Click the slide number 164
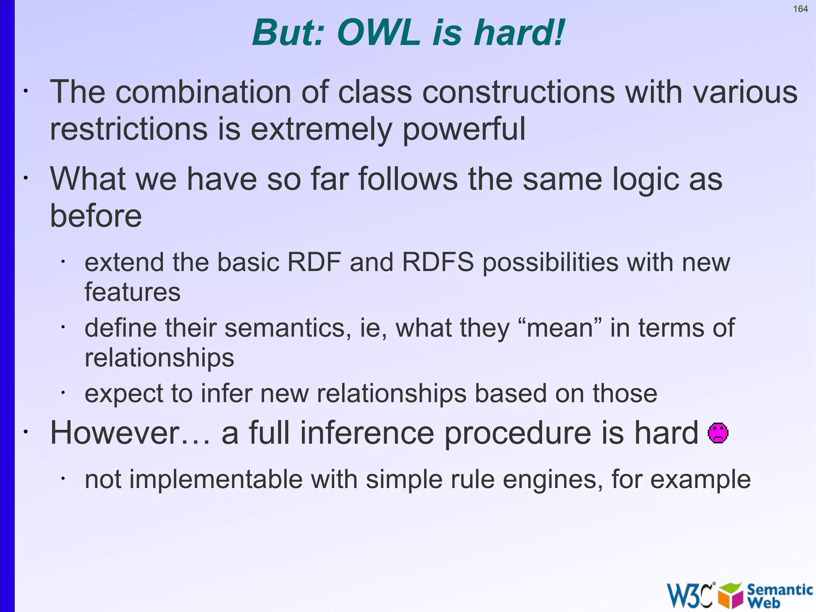coord(800,9)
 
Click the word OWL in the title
coord(378,33)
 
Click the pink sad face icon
coord(718,433)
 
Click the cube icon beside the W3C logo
coord(730,595)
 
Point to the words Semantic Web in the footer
coord(779,595)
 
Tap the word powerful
coord(464,130)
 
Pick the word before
coord(96,216)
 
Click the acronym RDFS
coord(437,262)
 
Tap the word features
coord(132,292)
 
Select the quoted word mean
coord(560,328)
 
